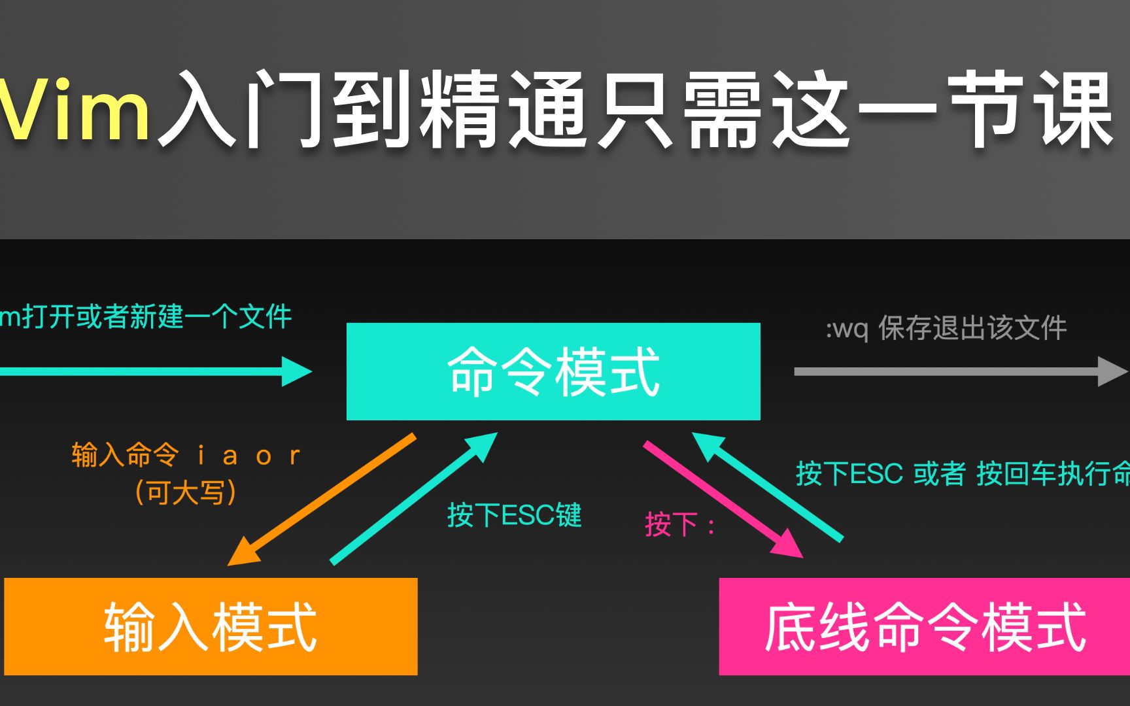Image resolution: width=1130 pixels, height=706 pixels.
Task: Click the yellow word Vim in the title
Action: [x=75, y=109]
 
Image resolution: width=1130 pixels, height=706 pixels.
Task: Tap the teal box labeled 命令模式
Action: [x=553, y=371]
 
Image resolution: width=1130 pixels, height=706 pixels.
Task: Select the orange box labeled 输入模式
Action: [x=211, y=626]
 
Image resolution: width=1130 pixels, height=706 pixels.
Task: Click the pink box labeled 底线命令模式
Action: [x=925, y=626]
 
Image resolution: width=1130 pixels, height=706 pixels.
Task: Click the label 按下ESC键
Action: [x=515, y=515]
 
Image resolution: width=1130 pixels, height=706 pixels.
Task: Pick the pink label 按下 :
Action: [x=680, y=524]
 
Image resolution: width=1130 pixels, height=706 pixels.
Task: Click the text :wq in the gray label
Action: [x=848, y=329]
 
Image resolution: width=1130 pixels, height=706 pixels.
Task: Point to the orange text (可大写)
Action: [x=186, y=492]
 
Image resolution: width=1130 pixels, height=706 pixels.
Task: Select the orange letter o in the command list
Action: [x=264, y=456]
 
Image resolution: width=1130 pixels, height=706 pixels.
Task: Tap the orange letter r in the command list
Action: [x=295, y=456]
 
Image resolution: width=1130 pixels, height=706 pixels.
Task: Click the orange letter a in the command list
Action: [x=230, y=456]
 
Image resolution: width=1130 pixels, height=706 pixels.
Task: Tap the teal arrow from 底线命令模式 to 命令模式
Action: [x=768, y=487]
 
